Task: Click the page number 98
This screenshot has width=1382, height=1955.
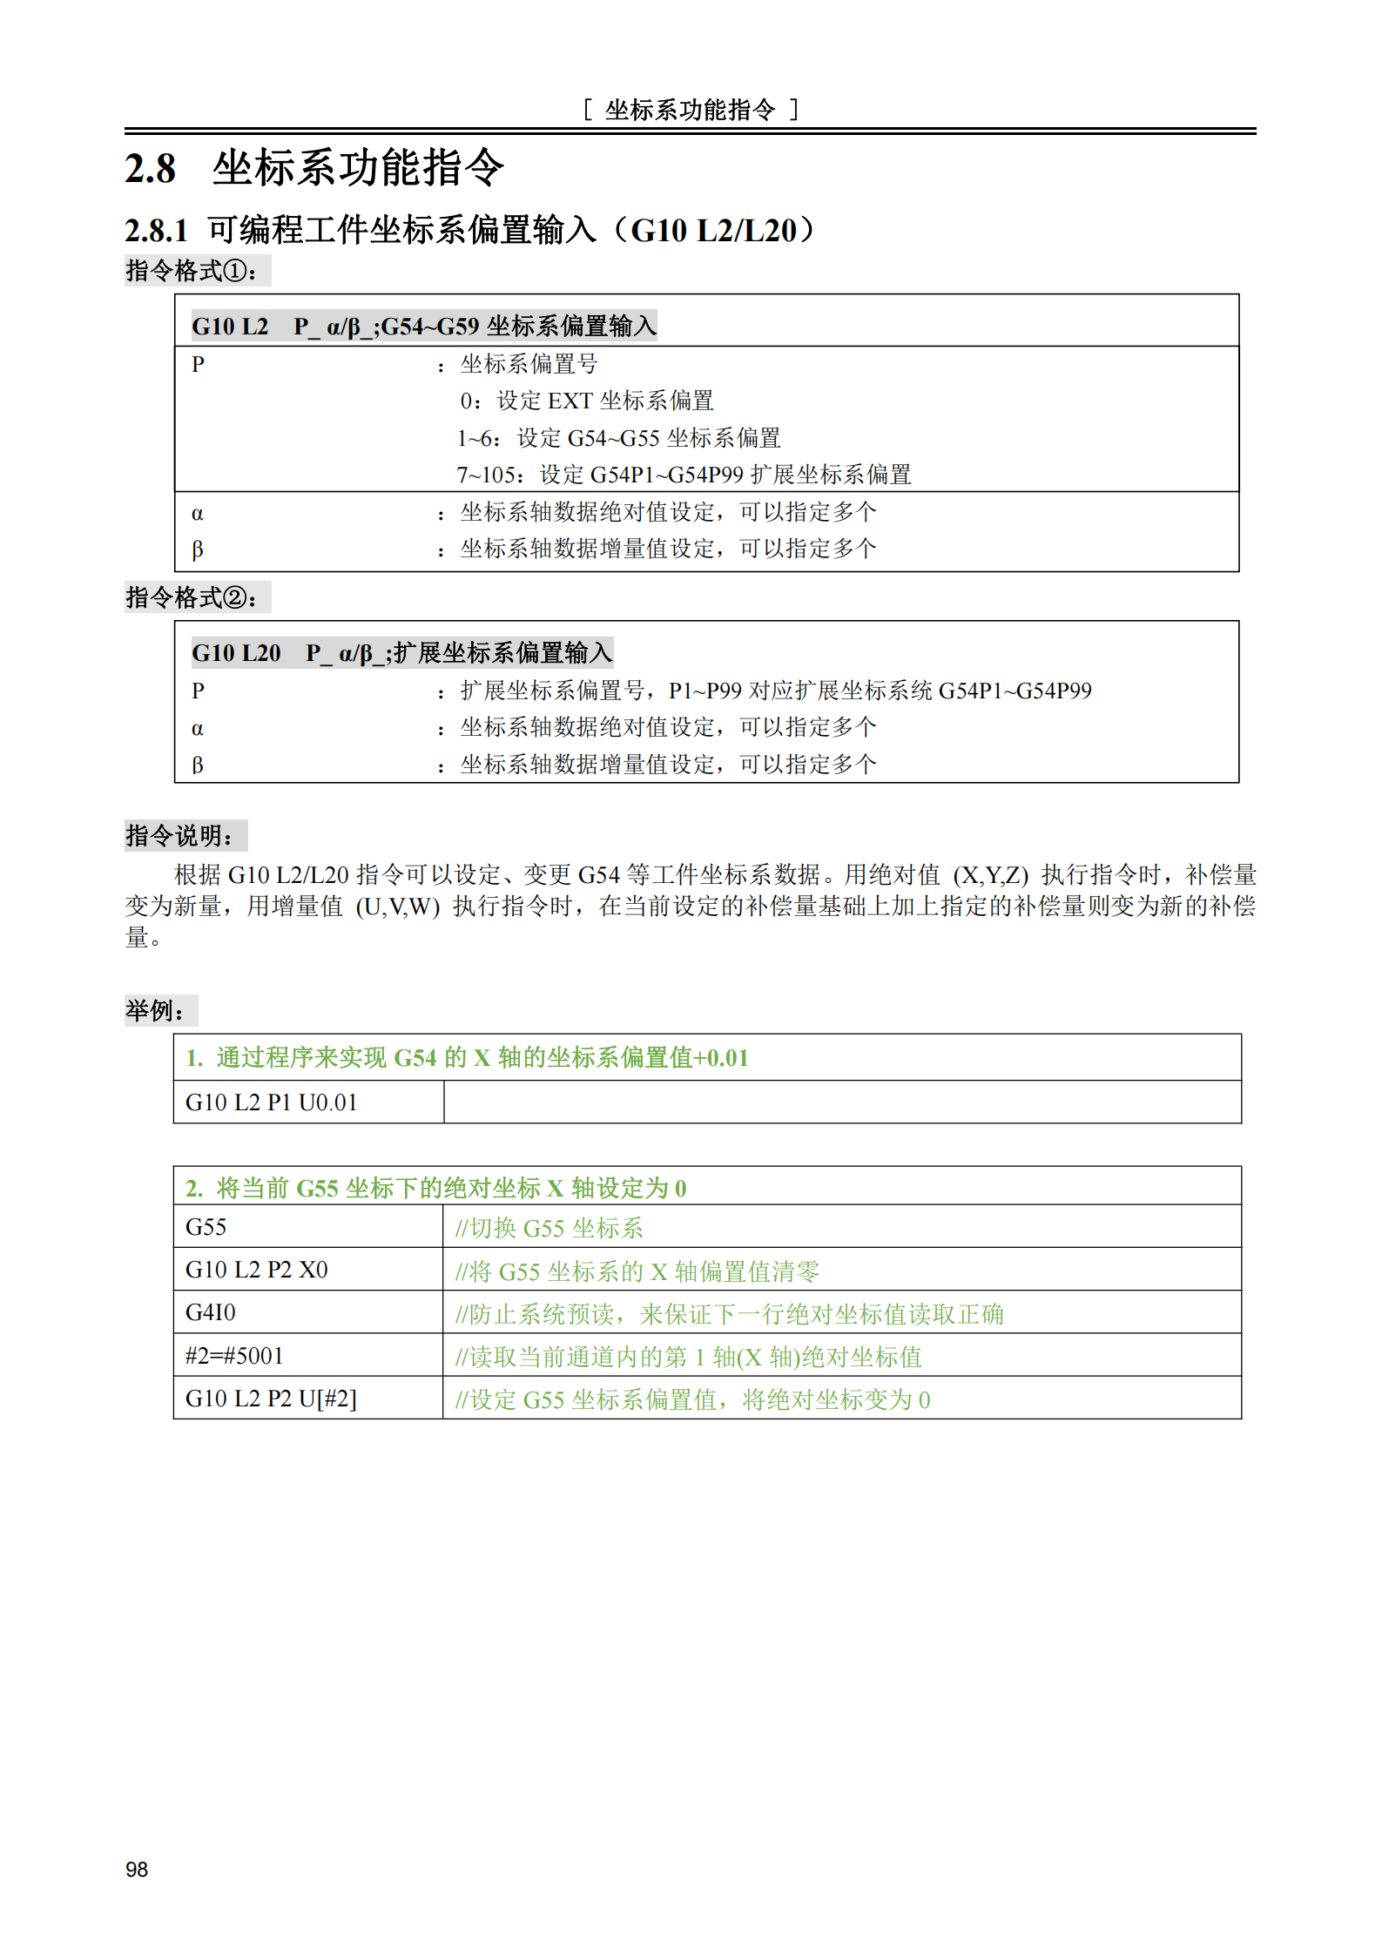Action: pyautogui.click(x=137, y=1869)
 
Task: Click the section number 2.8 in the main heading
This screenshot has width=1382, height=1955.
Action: pyautogui.click(x=151, y=169)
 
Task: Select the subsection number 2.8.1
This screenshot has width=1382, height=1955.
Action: pyautogui.click(x=157, y=231)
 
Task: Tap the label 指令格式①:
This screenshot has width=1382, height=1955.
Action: pyautogui.click(x=192, y=271)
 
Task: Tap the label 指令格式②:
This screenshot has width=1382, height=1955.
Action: pyautogui.click(x=192, y=597)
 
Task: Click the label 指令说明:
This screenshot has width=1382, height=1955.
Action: pyautogui.click(x=181, y=836)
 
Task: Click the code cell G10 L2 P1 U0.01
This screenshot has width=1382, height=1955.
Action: pyautogui.click(x=272, y=1102)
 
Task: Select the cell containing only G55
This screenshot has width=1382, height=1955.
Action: pyautogui.click(x=206, y=1227)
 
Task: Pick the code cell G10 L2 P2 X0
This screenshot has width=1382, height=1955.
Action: pyautogui.click(x=257, y=1270)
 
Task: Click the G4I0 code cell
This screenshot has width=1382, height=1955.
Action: pyautogui.click(x=211, y=1312)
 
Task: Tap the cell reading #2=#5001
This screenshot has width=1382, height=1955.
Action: pyautogui.click(x=234, y=1355)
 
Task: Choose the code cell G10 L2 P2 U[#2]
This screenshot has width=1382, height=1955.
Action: pyautogui.click(x=271, y=1399)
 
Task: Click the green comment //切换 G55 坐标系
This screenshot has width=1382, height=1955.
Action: pyautogui.click(x=549, y=1228)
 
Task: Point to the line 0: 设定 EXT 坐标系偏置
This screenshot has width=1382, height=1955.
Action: pyautogui.click(x=587, y=401)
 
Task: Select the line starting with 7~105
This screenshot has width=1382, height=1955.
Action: pyautogui.click(x=684, y=475)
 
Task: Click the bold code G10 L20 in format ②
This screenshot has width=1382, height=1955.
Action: pyautogui.click(x=236, y=653)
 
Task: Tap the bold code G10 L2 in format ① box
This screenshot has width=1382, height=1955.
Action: pyautogui.click(x=230, y=327)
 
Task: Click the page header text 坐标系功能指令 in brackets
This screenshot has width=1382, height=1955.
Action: pyautogui.click(x=691, y=110)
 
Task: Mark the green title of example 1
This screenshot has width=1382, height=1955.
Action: pyautogui.click(x=468, y=1058)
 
